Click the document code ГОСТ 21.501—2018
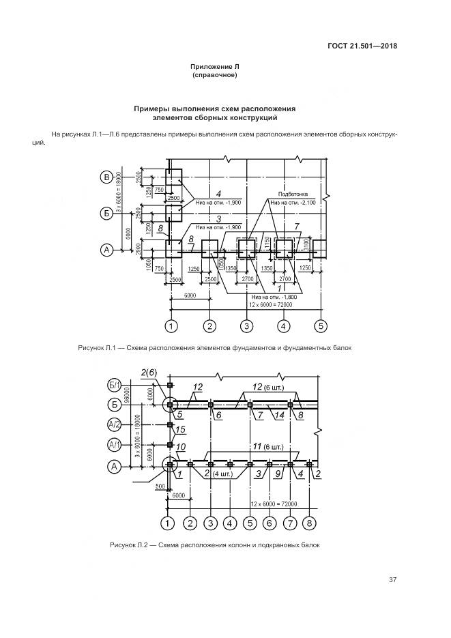point(362,46)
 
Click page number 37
point(392,580)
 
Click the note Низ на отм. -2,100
point(293,203)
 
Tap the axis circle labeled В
point(106,179)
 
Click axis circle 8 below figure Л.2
point(311,523)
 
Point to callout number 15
point(181,429)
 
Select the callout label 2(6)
point(149,373)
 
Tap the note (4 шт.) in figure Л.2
point(222,473)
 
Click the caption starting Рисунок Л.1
point(215,348)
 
